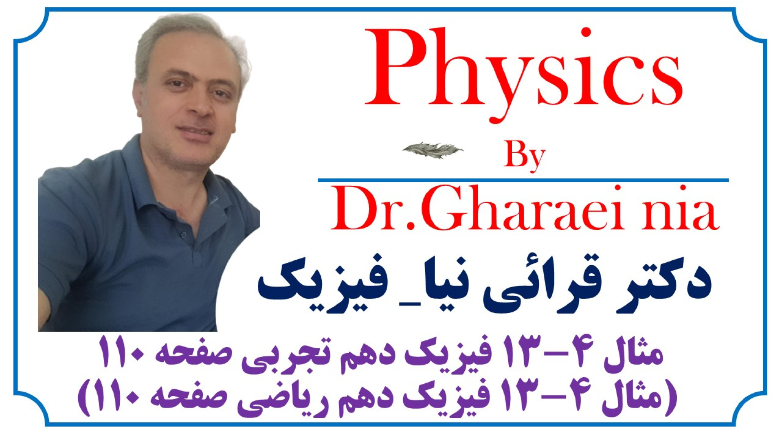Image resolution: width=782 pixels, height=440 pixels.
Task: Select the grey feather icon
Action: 433,150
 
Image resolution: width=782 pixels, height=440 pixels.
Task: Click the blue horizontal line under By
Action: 523,180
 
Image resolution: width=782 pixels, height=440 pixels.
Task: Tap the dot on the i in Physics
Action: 586,33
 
